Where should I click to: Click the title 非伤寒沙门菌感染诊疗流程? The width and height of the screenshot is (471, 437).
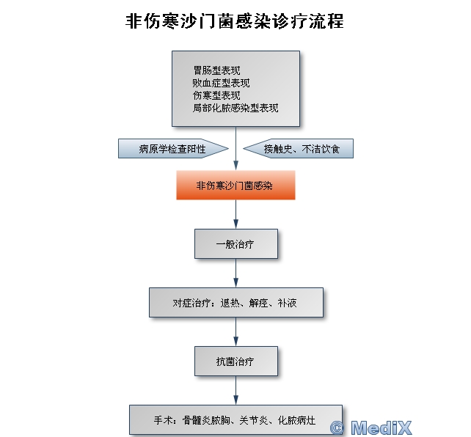click(235, 21)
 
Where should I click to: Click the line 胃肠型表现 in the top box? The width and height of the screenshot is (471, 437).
click(216, 71)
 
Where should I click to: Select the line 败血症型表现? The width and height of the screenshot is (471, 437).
click(221, 83)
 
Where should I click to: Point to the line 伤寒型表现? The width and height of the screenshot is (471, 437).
click(216, 95)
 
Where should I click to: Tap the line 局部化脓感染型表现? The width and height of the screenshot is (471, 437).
click(235, 107)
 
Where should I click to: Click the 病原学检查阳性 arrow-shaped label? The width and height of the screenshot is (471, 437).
click(173, 149)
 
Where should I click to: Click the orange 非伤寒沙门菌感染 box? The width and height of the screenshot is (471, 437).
click(235, 186)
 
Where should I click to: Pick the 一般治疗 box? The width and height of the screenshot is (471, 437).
click(235, 244)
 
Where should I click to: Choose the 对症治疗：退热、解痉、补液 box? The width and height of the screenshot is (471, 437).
click(235, 303)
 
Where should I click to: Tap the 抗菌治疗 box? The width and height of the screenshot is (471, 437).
click(235, 361)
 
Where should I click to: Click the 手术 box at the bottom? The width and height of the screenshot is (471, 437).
click(235, 419)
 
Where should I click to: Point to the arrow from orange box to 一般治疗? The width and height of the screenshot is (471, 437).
click(235, 214)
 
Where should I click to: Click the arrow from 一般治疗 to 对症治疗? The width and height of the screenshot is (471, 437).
click(235, 273)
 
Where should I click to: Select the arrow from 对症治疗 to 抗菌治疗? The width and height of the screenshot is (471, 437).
click(235, 331)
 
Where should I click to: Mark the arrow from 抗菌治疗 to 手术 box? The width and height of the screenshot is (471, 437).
click(235, 390)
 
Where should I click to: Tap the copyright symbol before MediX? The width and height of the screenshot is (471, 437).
click(337, 427)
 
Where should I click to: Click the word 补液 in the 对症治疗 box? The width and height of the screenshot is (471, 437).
click(288, 303)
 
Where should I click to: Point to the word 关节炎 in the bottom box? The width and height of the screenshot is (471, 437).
click(254, 420)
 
